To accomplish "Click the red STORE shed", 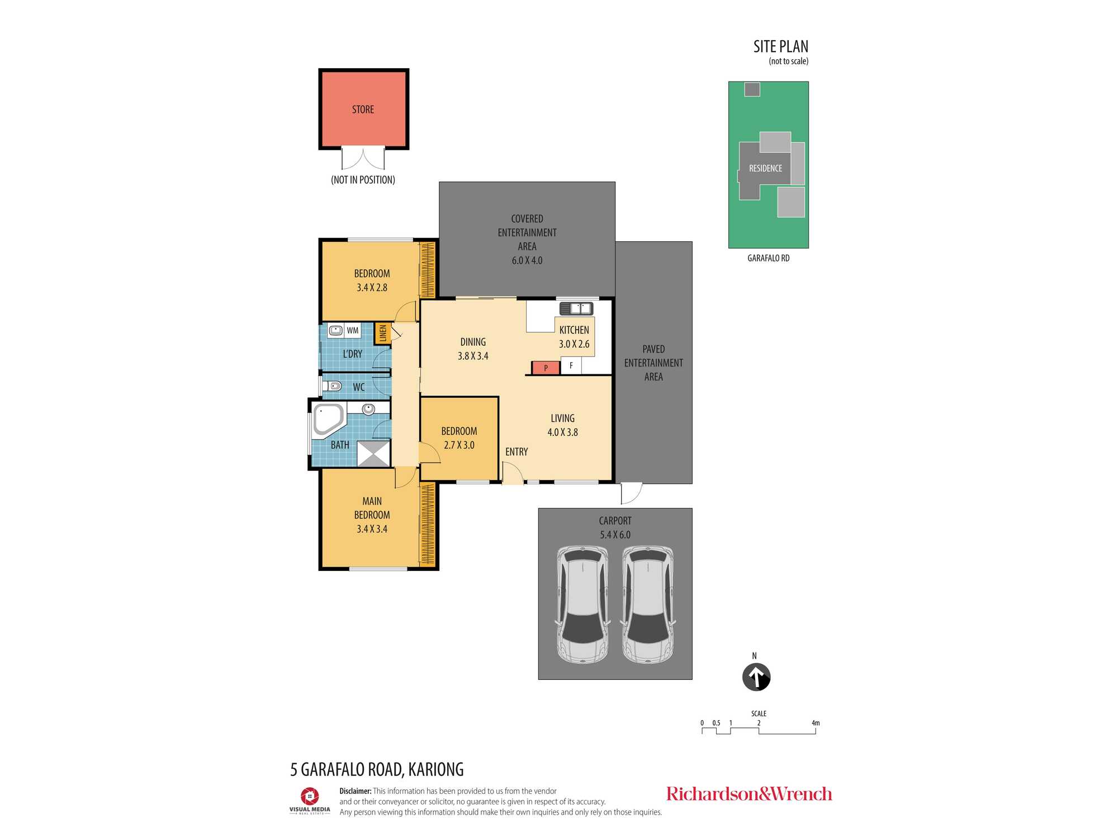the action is pos(363,109).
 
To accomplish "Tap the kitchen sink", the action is pos(576,308).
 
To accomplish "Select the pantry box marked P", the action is pos(546,368).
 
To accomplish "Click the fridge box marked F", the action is pos(571,366).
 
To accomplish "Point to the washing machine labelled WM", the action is pos(352,330).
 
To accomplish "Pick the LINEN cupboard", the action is pos(383,334).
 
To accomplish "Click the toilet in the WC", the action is pos(333,385).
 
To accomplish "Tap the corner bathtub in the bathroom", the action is pos(329,420).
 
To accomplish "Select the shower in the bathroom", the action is pos(373,453).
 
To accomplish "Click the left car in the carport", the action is pos(582,604).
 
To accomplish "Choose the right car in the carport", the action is pos(648,604).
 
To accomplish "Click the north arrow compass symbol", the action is pos(756,677).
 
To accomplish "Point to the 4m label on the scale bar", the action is pos(816,723).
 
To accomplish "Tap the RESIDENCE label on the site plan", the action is pos(765,168).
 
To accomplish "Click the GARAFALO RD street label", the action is pos(769,258).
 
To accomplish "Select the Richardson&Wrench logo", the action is pos(749,794).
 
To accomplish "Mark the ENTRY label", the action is pos(517,451).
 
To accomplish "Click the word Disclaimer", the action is pos(356,791).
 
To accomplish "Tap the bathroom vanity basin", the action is pos(368,409).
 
